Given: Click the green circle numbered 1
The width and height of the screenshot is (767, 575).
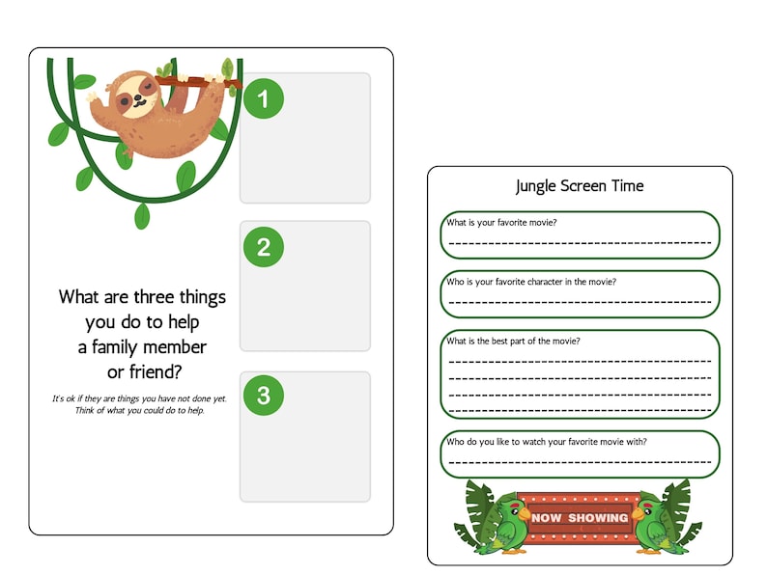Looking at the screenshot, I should pos(264,97).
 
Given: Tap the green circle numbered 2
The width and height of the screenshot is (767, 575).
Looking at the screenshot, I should pos(264,247).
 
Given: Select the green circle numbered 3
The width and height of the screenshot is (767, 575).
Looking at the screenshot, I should pos(264,396).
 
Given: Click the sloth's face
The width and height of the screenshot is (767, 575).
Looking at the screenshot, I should pos(139,94).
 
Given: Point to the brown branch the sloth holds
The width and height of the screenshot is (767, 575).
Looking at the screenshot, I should pos(203,81).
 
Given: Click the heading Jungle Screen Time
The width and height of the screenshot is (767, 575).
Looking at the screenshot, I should pos(580,185).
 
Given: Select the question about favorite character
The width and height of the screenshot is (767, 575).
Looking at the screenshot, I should pos(530,282).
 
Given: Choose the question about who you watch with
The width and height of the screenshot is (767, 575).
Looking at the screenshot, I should pos(546,442).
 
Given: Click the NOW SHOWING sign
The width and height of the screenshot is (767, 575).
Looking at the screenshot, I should pos(579,517).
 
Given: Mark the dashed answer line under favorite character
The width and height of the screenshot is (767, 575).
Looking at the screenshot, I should pos(580,302).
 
